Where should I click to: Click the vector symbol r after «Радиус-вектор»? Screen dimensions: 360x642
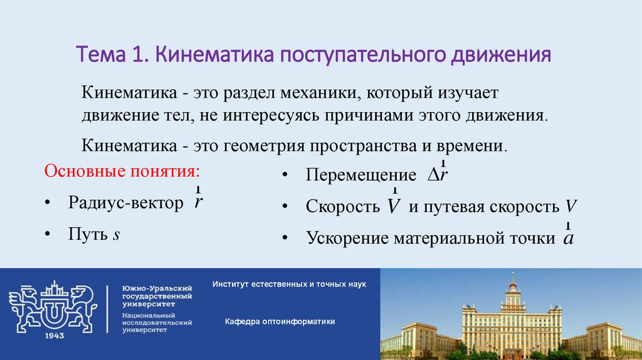198,203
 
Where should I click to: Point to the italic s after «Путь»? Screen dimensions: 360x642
117,235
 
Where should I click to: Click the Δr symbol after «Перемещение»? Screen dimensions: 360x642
438,175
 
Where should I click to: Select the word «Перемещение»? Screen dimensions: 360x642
360,176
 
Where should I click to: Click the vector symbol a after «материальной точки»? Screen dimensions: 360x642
568,239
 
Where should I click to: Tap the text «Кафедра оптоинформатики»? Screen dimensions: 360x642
280,321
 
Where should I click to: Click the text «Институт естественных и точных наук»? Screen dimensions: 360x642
288,284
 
